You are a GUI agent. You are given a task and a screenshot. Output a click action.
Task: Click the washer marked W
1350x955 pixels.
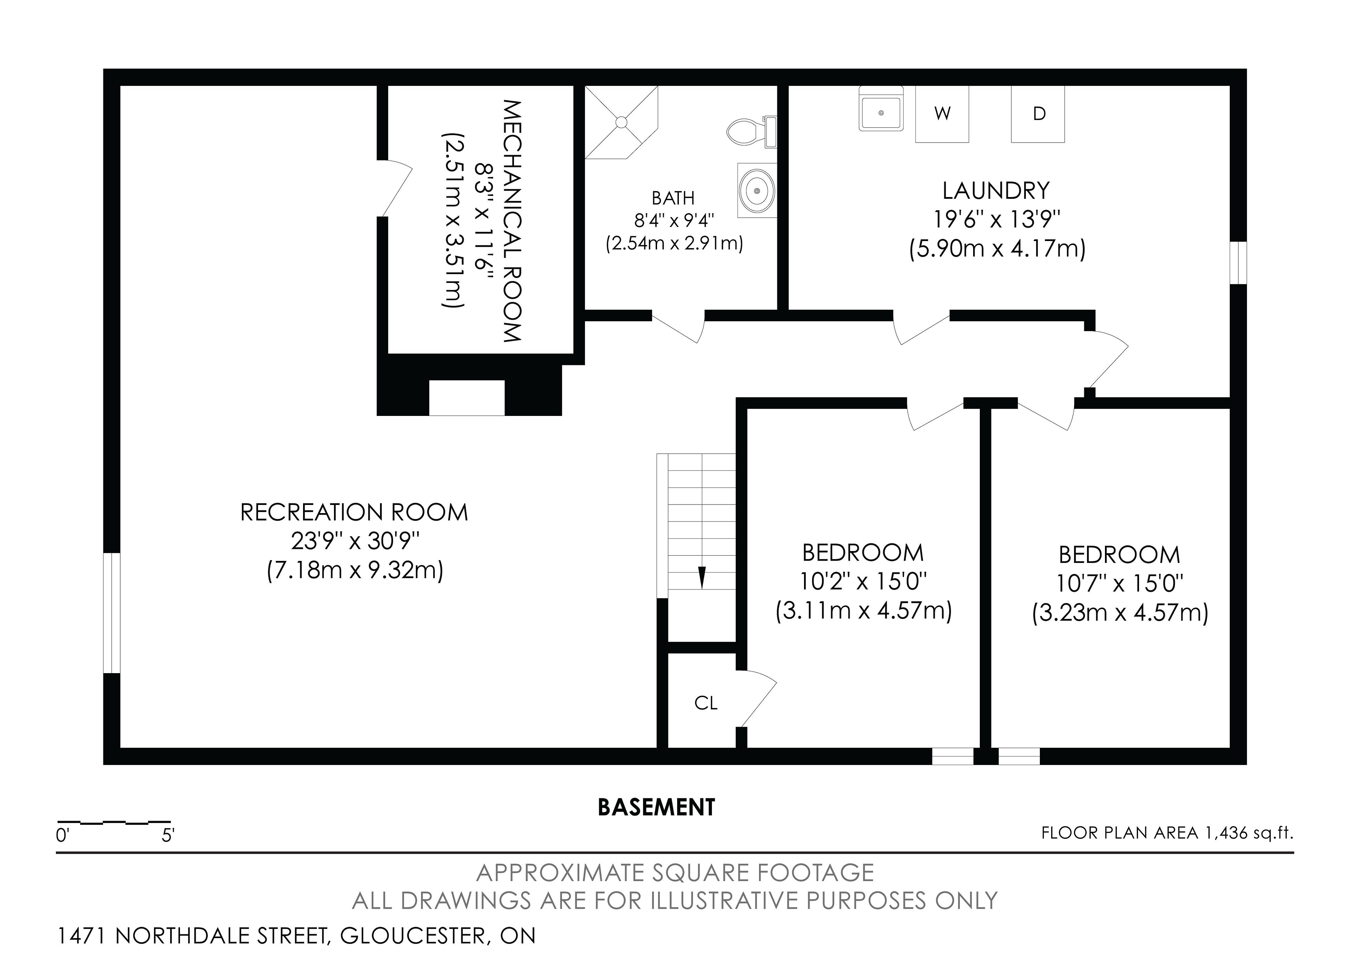(942, 114)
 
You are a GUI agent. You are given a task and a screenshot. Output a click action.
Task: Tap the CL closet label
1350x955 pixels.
(706, 703)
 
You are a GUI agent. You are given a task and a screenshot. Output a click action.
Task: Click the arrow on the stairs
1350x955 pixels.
(701, 577)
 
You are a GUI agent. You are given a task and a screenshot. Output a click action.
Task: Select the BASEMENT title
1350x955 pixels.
(656, 807)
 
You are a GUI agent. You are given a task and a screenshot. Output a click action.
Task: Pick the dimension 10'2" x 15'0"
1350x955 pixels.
(863, 582)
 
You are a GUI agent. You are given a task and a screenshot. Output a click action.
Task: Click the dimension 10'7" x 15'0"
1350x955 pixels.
(1119, 584)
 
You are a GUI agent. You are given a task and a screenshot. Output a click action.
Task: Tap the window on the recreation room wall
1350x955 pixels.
(112, 613)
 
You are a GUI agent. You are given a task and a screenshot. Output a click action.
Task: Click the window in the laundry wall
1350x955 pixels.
(1238, 263)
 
